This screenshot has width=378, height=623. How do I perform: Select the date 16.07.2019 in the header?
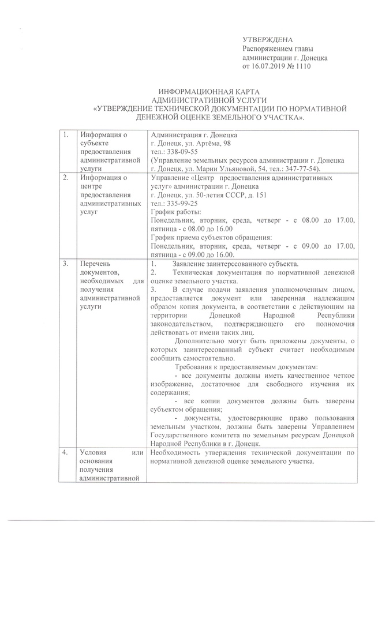[270, 67]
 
